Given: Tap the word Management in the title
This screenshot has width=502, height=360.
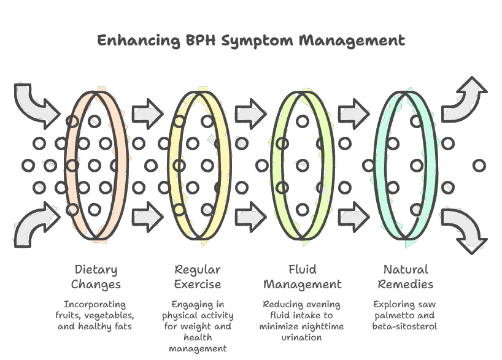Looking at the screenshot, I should point(352,41).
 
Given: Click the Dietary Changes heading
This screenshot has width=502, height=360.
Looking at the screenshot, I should point(96,277).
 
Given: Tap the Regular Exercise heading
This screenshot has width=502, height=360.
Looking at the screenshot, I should point(198,277).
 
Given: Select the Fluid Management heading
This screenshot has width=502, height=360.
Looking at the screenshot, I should point(302,277).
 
